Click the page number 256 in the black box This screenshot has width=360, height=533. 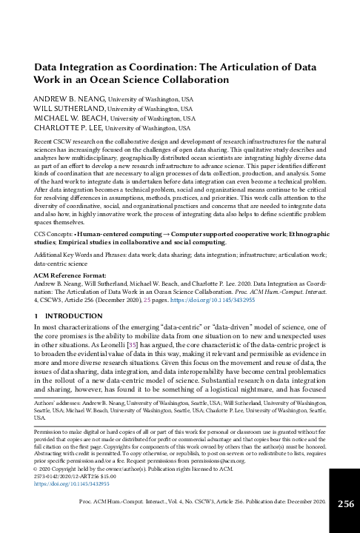(345, 504)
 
